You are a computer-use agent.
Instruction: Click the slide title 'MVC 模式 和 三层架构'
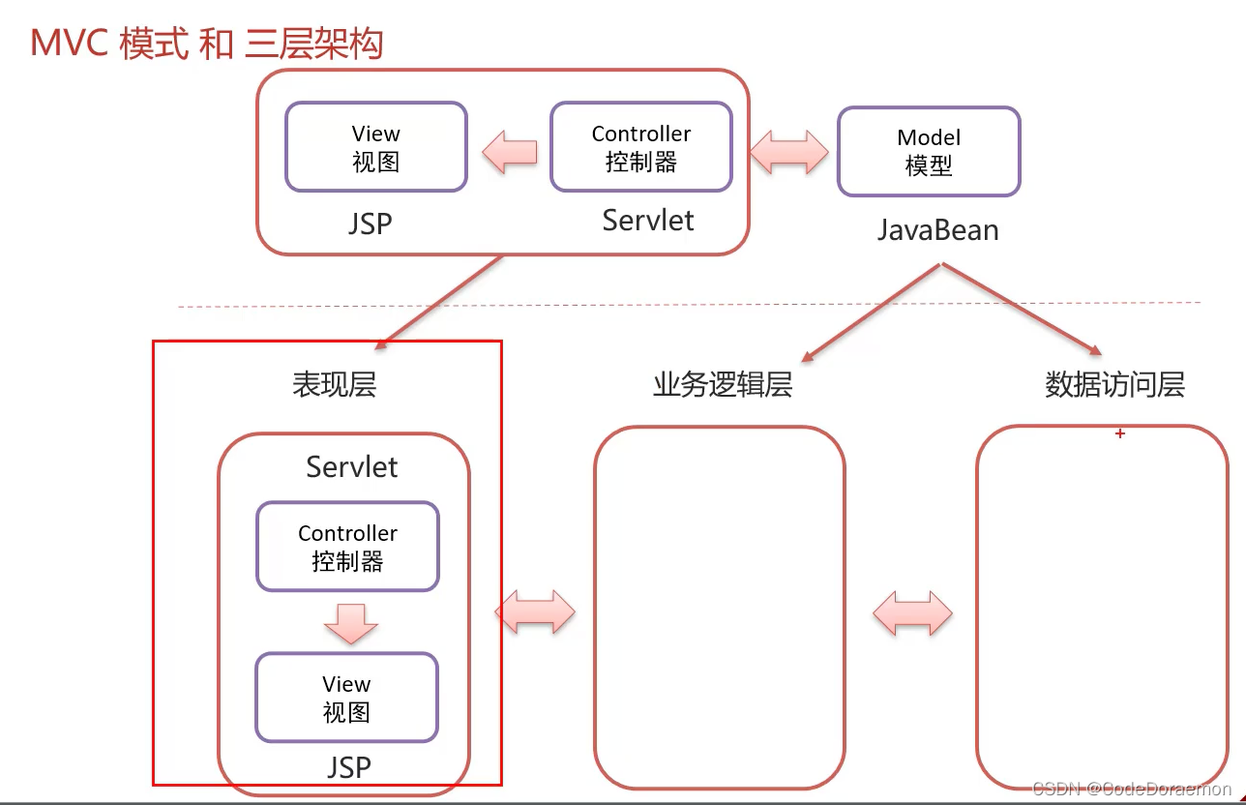tap(207, 45)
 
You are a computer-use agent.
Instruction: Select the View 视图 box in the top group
tap(376, 147)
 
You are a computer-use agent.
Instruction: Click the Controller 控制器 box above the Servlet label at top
tap(641, 147)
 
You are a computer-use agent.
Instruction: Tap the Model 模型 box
tap(929, 152)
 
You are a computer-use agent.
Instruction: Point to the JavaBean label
tap(937, 230)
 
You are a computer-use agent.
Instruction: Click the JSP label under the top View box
tap(371, 224)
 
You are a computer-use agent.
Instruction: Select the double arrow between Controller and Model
tap(789, 151)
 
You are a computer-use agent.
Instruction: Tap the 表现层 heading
tap(334, 384)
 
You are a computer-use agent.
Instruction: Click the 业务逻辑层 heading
tap(723, 384)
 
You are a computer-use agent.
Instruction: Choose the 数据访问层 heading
tap(1114, 384)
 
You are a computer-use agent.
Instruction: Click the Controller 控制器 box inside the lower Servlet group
tap(347, 547)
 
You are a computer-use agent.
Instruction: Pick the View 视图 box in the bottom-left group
tap(346, 698)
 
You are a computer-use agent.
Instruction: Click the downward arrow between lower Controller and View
tap(350, 622)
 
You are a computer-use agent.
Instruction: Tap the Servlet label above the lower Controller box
tap(352, 467)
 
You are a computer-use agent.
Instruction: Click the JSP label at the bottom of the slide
tap(348, 767)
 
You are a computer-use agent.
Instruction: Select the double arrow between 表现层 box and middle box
tap(535, 611)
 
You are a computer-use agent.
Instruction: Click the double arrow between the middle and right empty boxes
tap(912, 612)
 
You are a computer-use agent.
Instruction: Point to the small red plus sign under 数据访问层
tap(1120, 434)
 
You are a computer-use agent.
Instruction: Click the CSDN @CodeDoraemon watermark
tap(1132, 789)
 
